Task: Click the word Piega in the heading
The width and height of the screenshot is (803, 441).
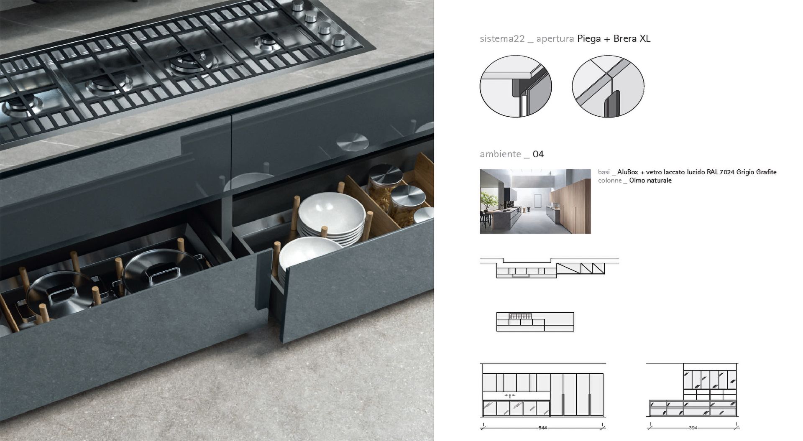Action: [589, 39]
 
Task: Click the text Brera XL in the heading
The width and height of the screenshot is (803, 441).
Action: [632, 38]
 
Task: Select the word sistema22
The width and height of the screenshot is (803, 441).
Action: [502, 39]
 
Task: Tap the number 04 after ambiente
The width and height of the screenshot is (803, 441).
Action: [538, 154]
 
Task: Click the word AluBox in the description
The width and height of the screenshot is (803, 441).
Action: [628, 172]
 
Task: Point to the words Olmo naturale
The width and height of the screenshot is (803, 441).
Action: [650, 181]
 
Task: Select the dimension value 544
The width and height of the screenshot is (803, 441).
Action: [542, 428]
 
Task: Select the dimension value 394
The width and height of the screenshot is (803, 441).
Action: [693, 428]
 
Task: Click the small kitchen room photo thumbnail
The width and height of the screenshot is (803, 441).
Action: [535, 201]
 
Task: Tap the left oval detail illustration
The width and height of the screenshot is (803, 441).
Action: [516, 86]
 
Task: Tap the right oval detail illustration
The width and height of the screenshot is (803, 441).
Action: [608, 86]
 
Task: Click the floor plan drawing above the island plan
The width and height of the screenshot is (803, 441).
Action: [549, 268]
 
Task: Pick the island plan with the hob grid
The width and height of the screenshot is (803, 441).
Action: [535, 322]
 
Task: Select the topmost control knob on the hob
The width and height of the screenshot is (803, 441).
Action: [298, 5]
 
